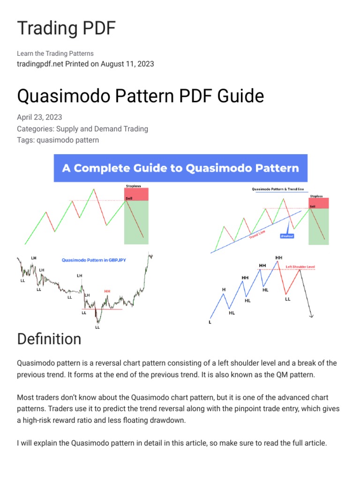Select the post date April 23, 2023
pyautogui.click(x=39, y=117)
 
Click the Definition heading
pyautogui.click(x=49, y=339)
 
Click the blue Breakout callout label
pyautogui.click(x=287, y=236)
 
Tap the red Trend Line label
pyautogui.click(x=257, y=233)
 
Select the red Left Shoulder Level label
pyautogui.click(x=300, y=267)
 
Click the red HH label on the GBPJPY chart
pyautogui.click(x=107, y=291)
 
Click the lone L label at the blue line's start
pyautogui.click(x=210, y=322)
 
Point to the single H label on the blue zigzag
pyautogui.click(x=224, y=290)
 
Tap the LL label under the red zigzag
pyautogui.click(x=288, y=299)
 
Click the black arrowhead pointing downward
pyautogui.click(x=311, y=315)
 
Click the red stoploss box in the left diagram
pyautogui.click(x=136, y=194)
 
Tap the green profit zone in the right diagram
pyautogui.click(x=319, y=226)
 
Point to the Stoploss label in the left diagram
pyautogui.click(x=133, y=186)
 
